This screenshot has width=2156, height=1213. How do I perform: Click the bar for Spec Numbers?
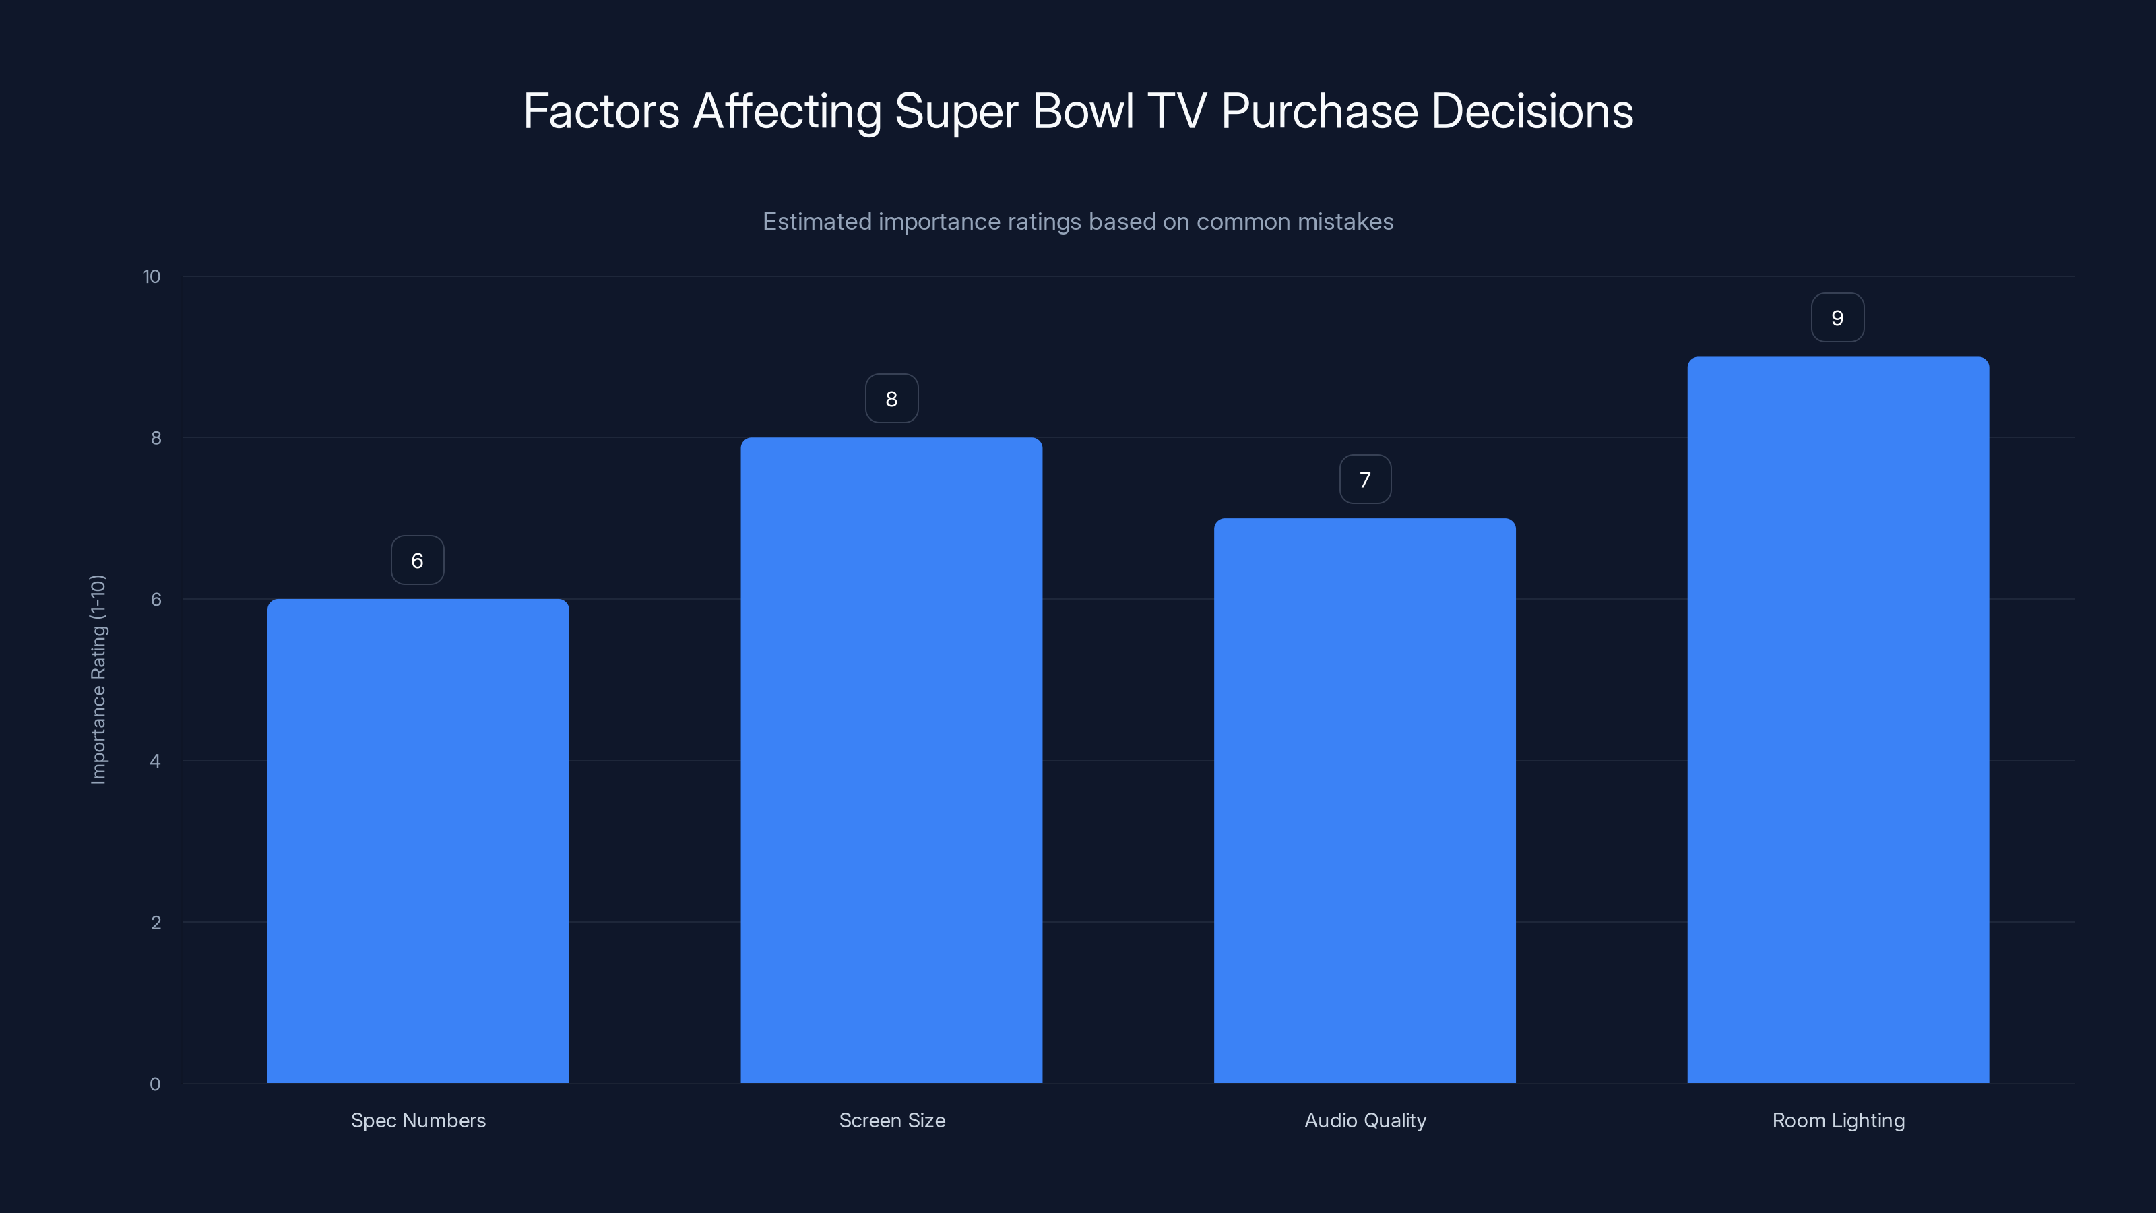(x=418, y=840)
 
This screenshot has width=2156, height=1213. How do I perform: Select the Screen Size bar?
(x=891, y=760)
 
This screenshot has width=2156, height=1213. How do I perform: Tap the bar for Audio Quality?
(x=1364, y=801)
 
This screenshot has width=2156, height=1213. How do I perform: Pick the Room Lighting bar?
(x=1837, y=720)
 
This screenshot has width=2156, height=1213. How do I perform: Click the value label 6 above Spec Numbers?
(x=418, y=560)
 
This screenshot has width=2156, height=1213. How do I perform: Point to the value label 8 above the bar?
(x=891, y=398)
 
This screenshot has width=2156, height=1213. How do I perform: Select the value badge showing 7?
(x=1365, y=479)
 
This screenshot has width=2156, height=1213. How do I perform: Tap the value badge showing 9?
(x=1837, y=317)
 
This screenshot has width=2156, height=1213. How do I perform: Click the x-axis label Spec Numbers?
(x=418, y=1120)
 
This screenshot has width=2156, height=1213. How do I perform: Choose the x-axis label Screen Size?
(x=892, y=1120)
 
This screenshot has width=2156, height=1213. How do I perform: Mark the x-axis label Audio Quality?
(x=1365, y=1120)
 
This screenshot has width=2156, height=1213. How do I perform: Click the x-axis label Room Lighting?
(x=1838, y=1120)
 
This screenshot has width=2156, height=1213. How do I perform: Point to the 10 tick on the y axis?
(x=152, y=276)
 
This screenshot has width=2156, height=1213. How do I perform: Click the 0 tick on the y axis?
(x=155, y=1084)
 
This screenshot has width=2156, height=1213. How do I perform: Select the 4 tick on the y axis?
(x=155, y=761)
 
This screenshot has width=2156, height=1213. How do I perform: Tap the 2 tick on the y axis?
(x=156, y=923)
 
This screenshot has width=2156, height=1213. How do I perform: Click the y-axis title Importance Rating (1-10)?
(x=98, y=679)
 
